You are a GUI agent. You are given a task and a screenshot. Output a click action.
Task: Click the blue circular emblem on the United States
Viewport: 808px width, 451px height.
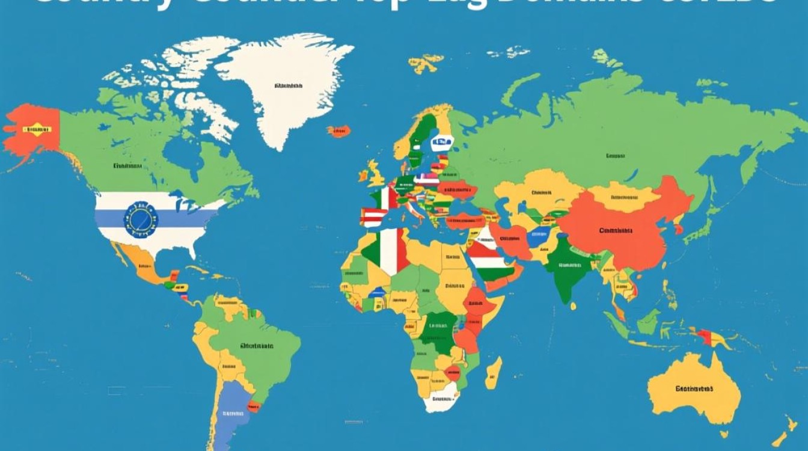click(140, 219)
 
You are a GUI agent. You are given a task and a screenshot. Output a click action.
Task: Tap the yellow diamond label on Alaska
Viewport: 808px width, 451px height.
click(37, 129)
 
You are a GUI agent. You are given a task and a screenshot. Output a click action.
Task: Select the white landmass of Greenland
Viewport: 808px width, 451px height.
click(283, 90)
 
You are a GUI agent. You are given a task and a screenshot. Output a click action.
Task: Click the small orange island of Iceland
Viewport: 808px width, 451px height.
click(338, 131)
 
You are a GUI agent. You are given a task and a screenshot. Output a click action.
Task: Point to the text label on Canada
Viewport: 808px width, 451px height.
click(128, 165)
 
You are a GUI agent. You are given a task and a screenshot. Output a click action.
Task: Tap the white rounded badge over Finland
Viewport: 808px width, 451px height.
click(441, 143)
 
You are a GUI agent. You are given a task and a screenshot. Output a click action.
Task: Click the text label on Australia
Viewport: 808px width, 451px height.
click(694, 388)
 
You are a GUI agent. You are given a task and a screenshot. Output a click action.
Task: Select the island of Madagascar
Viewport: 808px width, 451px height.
click(493, 373)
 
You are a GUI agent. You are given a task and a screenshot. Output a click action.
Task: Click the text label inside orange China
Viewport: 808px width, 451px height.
click(616, 230)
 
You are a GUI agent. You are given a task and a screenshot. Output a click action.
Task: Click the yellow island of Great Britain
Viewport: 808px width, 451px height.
click(376, 174)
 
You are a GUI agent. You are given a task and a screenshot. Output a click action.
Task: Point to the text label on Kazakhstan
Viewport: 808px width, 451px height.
click(541, 193)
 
